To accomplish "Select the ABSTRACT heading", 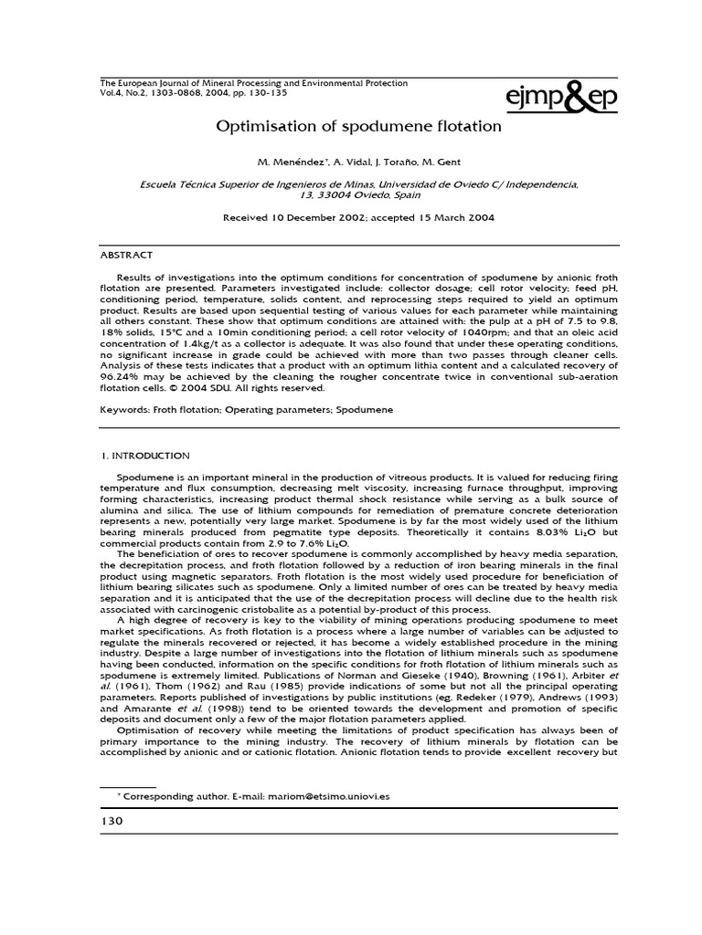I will point(126,255).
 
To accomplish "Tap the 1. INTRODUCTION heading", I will point(144,455).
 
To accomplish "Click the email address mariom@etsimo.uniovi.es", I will point(329,796).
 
